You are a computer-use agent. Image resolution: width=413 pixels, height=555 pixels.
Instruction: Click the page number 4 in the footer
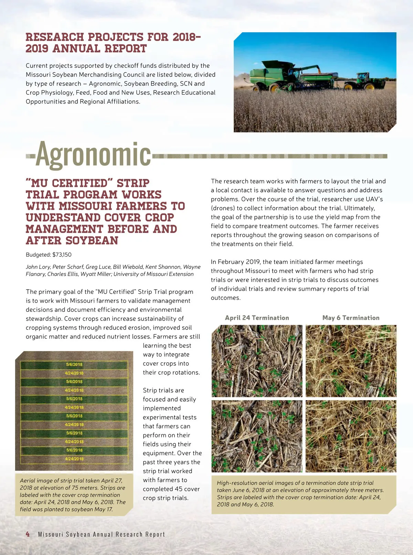(x=28, y=534)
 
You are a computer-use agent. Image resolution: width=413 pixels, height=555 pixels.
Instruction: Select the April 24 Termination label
(x=257, y=318)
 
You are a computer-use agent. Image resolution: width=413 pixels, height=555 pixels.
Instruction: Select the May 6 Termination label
(x=351, y=318)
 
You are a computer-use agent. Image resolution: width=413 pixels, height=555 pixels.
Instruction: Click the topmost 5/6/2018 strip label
(x=74, y=364)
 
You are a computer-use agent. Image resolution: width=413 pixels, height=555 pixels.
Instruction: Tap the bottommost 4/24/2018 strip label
(x=74, y=459)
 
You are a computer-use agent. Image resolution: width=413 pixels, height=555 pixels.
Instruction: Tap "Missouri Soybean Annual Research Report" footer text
(x=102, y=534)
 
